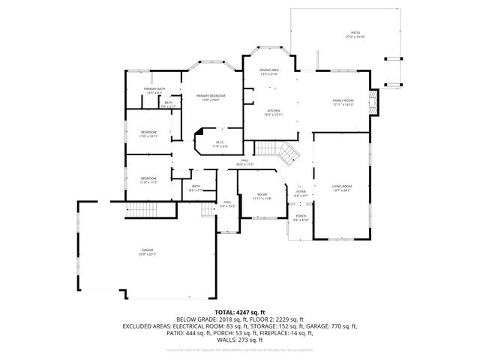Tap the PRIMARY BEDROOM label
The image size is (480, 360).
pos(211,96)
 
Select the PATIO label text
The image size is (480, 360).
pos(355,33)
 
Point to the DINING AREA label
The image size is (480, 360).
pos(269,70)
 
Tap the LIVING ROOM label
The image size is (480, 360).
pos(342,186)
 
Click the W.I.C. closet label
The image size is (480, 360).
pos(220,142)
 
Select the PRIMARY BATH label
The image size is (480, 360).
pos(154,89)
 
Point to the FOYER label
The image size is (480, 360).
pos(300,191)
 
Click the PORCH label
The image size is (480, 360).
pos(300,216)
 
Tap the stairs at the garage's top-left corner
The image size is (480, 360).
pos(136,211)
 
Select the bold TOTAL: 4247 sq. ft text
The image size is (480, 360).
pos(239,311)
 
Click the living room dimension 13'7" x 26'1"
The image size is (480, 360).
pos(342,190)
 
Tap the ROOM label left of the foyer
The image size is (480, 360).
pos(261,193)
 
